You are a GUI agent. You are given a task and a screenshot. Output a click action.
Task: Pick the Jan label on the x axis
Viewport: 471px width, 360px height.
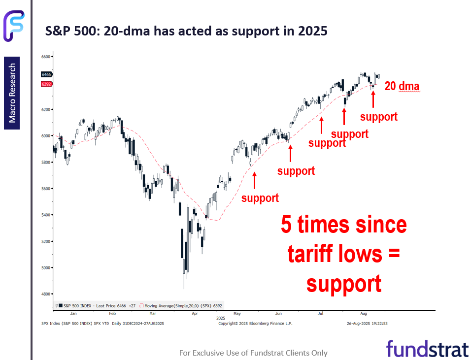pyautogui.click(x=73, y=313)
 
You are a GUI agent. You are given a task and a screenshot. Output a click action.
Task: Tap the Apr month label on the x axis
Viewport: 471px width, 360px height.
pyautogui.click(x=195, y=313)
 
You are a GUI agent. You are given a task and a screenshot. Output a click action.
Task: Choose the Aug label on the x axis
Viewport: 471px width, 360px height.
pyautogui.click(x=364, y=313)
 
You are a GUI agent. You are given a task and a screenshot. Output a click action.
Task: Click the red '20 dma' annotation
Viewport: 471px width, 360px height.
pyautogui.click(x=402, y=86)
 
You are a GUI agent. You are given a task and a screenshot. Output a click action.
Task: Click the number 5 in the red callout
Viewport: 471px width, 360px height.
pyautogui.click(x=286, y=225)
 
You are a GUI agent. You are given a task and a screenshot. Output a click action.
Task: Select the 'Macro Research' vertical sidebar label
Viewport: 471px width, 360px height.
pyautogui.click(x=12, y=93)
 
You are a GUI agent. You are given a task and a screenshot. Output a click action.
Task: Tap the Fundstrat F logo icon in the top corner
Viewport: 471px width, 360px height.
pyautogui.click(x=14, y=26)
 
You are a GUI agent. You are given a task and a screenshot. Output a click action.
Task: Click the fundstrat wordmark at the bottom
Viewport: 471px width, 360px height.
pyautogui.click(x=427, y=349)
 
